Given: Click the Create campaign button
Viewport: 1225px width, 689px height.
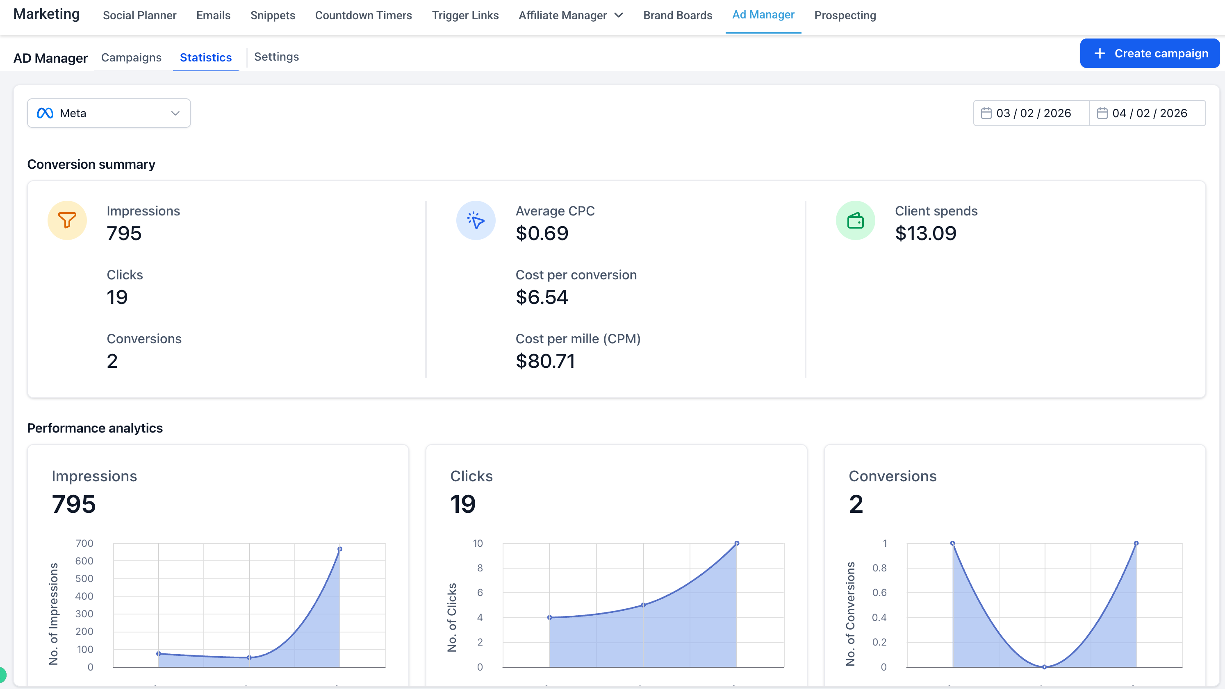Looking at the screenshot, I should (x=1150, y=53).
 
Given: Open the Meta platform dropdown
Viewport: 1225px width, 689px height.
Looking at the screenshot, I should (x=109, y=113).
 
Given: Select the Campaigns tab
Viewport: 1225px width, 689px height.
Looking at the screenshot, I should (x=131, y=57).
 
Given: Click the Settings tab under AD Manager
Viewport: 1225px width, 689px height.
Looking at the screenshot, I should (x=276, y=57).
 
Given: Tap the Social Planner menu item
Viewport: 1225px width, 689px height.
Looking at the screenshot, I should (x=139, y=15).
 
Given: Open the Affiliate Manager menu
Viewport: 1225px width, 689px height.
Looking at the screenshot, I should (x=570, y=15).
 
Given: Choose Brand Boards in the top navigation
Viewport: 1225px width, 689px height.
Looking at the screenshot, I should (x=677, y=15).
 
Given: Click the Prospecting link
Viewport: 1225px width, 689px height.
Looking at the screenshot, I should (x=845, y=15).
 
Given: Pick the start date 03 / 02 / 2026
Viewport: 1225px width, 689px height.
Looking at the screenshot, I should (x=1031, y=113).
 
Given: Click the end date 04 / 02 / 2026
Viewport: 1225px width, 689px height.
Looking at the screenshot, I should (x=1148, y=113).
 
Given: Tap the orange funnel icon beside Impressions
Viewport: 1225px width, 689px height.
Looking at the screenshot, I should (x=67, y=220).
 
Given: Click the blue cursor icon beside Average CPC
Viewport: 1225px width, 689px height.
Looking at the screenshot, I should (x=476, y=220).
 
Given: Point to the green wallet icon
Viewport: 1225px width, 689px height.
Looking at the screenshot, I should (x=855, y=220).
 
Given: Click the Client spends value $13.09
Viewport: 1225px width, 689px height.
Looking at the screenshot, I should (x=925, y=233).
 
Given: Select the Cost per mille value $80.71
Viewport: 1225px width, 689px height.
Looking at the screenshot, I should (x=545, y=361).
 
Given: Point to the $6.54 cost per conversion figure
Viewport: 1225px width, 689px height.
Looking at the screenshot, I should (x=542, y=297).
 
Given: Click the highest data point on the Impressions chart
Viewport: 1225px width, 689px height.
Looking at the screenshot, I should (x=339, y=549).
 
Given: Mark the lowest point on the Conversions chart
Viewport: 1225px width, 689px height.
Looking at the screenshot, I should (x=1044, y=666).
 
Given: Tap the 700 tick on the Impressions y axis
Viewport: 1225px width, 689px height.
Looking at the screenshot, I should (x=84, y=543).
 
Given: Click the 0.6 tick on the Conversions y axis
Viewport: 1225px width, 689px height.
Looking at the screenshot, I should (x=879, y=593).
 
